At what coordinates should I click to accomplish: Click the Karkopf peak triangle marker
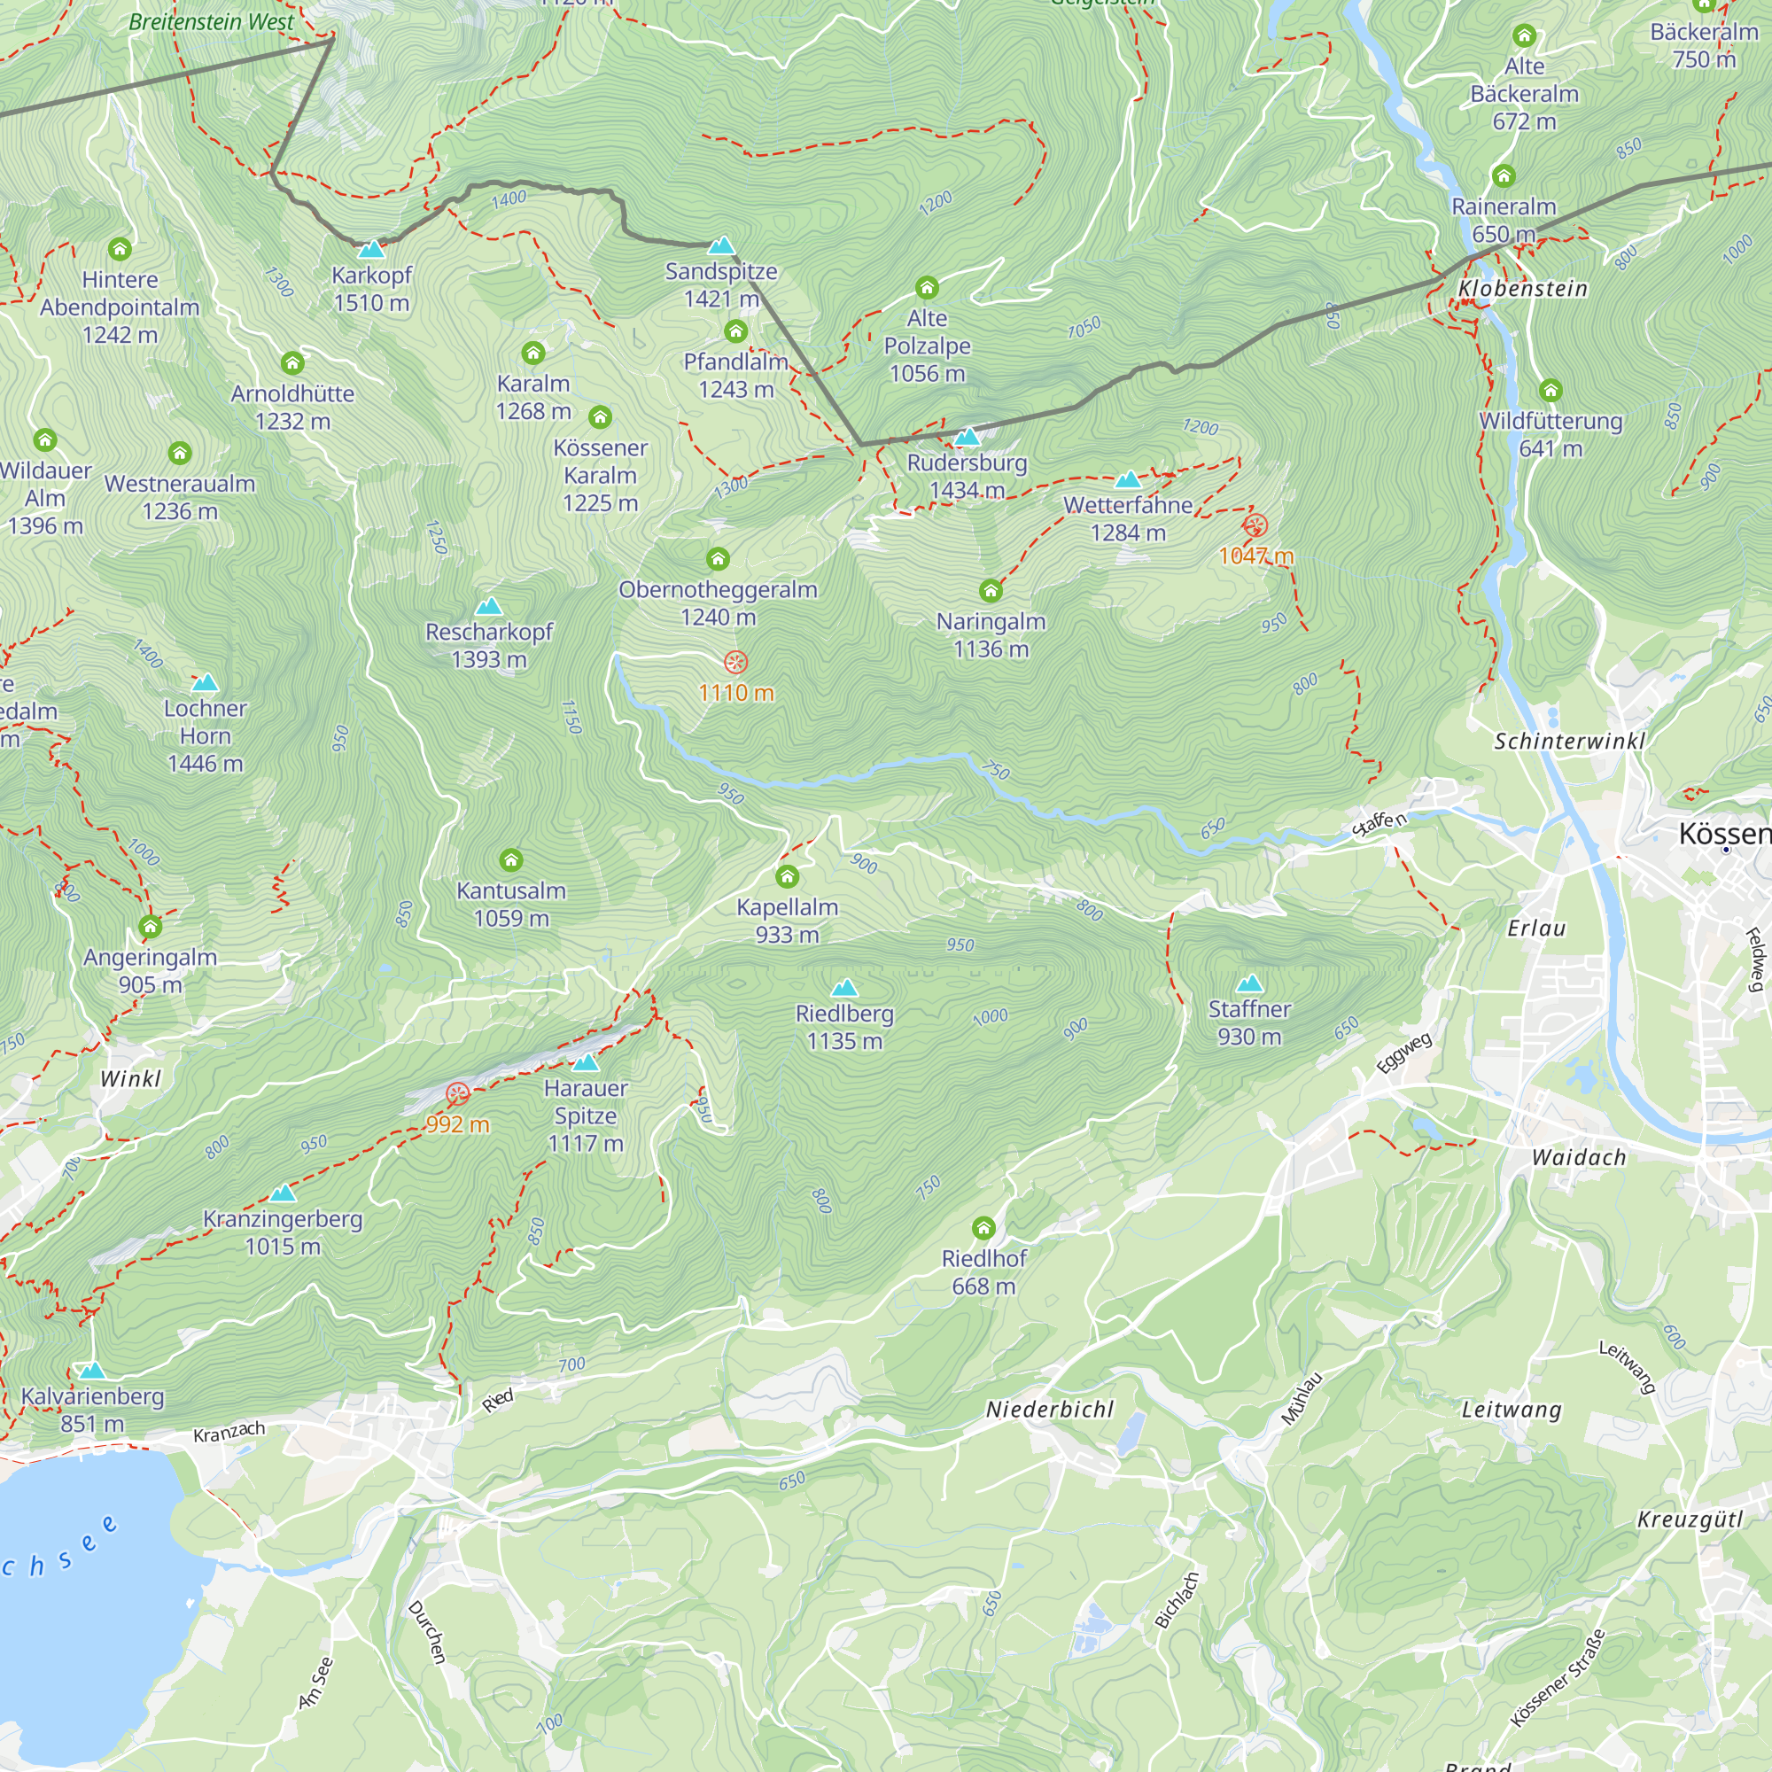pos(371,250)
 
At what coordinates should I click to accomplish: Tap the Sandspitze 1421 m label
pos(721,284)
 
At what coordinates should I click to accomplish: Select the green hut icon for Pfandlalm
pos(735,331)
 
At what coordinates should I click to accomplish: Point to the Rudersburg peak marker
pos(967,437)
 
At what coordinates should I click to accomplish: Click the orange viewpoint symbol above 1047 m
pos(1255,525)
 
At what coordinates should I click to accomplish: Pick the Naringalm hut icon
pos(991,591)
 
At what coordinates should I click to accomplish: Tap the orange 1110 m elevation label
pos(735,693)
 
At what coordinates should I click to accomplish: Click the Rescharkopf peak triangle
pos(489,606)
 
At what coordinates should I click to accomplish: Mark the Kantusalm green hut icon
pos(511,860)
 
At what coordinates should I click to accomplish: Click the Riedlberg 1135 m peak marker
pos(843,988)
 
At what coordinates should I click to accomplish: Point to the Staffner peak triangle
pos(1249,984)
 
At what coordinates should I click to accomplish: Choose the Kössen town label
pos(1722,834)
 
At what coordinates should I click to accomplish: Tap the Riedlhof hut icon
pos(983,1228)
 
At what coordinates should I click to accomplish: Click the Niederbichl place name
pos(1049,1409)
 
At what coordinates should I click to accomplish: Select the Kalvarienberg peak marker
pos(92,1372)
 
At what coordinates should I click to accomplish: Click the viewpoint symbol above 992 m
pos(458,1093)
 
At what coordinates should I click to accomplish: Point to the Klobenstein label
pos(1522,289)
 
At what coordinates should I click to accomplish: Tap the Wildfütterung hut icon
pos(1550,391)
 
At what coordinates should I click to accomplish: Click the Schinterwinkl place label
pos(1569,741)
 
